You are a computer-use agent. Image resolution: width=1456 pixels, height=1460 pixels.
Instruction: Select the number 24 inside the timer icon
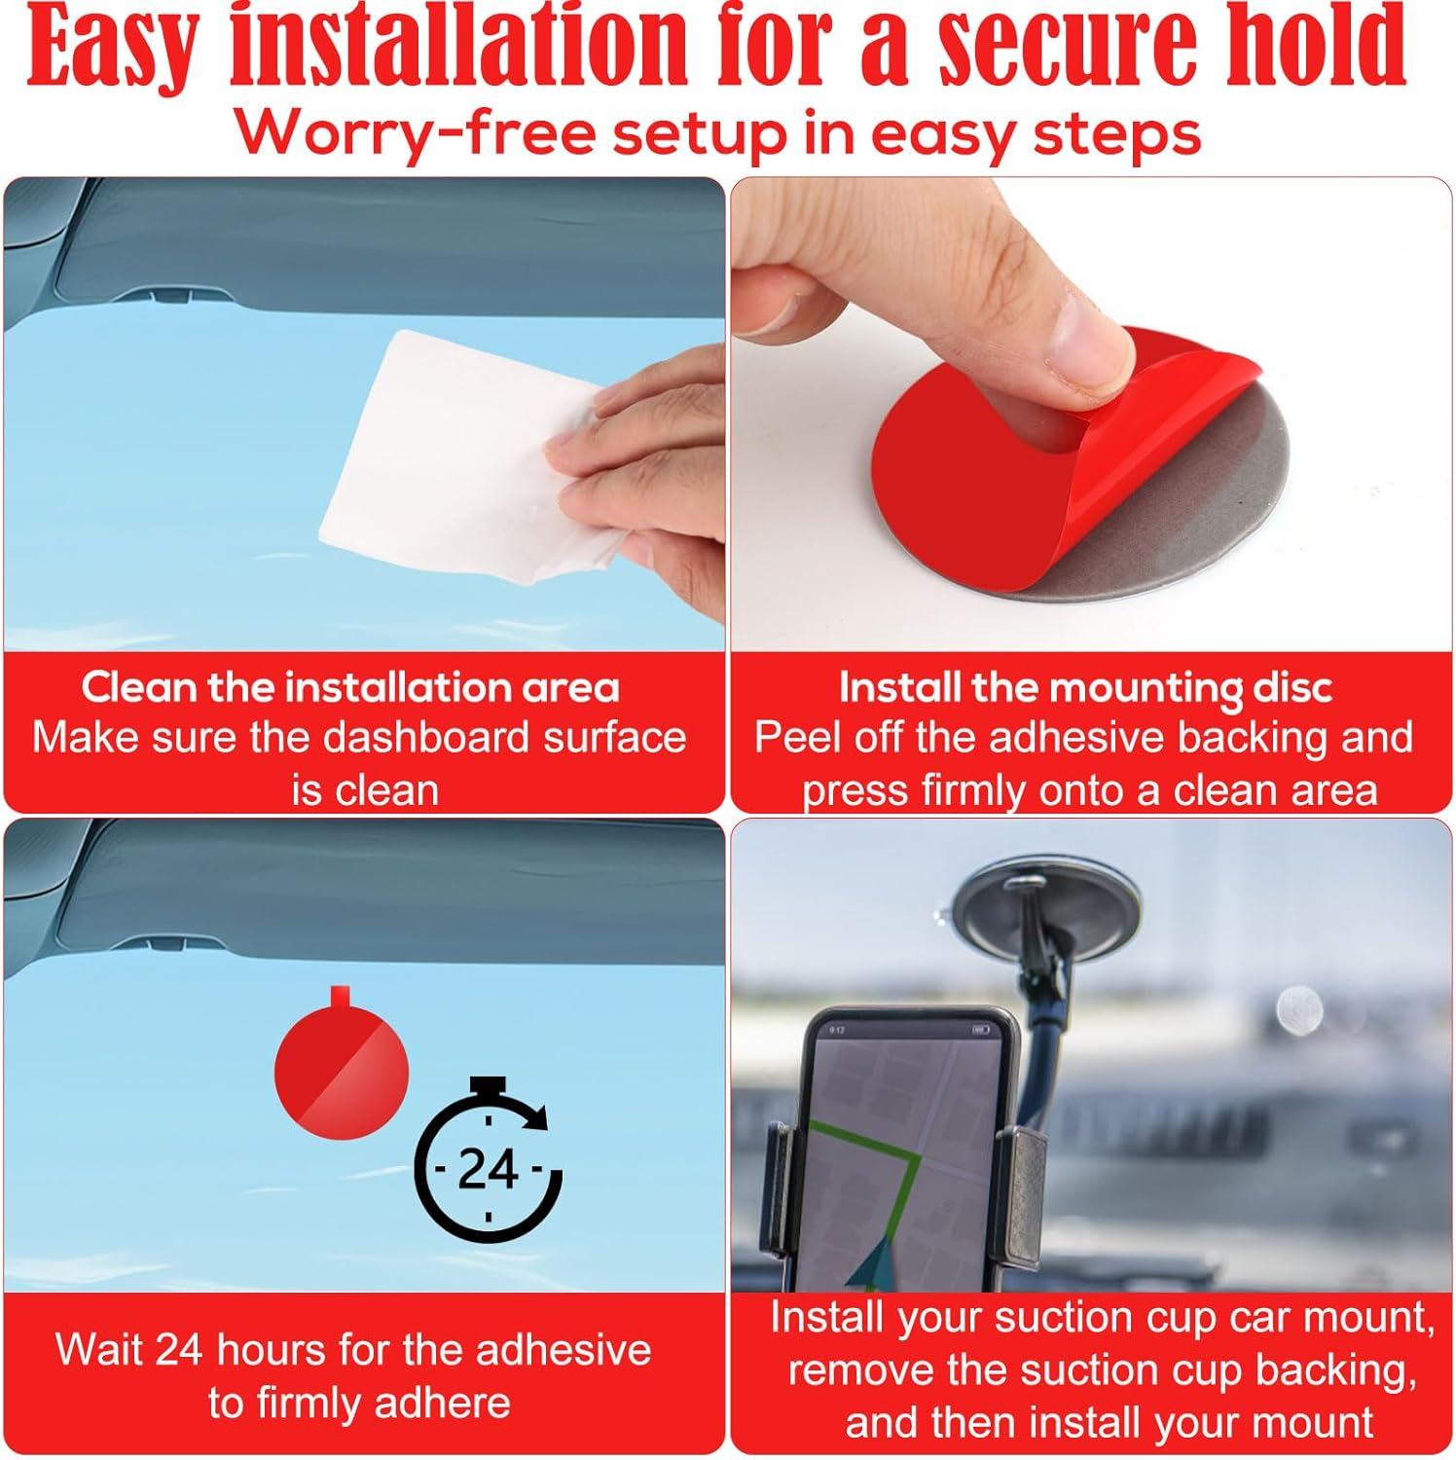[x=488, y=1169]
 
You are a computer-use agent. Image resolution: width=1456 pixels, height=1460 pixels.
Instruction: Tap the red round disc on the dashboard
[x=342, y=1063]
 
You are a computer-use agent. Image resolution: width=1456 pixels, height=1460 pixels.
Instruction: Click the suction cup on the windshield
[x=1046, y=905]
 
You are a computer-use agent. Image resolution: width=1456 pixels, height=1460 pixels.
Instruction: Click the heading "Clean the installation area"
[x=350, y=687]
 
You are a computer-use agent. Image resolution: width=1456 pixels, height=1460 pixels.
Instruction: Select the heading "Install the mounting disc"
[x=1085, y=688]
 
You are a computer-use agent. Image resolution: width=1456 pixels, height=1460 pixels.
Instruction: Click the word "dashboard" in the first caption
[x=427, y=738]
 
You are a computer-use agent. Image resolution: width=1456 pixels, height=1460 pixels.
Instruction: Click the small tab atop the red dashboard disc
[x=340, y=997]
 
